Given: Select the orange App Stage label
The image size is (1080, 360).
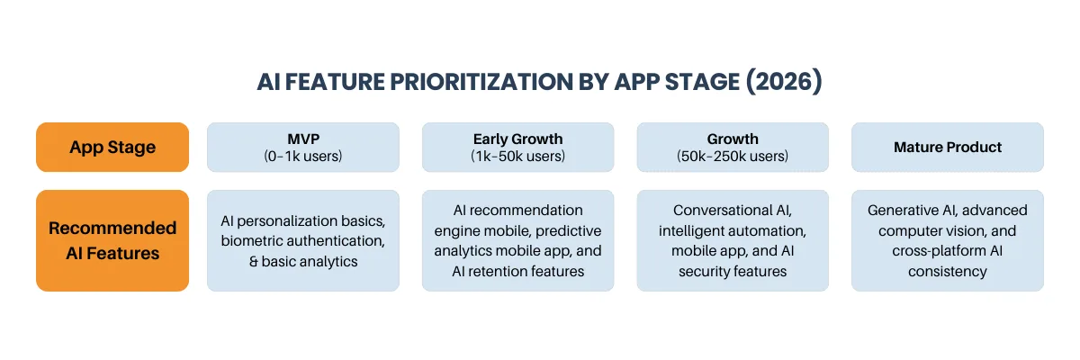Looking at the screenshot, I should pyautogui.click(x=112, y=148).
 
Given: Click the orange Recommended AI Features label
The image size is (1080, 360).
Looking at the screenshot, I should pyautogui.click(x=112, y=240).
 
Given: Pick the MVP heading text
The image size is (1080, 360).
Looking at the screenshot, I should pyautogui.click(x=303, y=139).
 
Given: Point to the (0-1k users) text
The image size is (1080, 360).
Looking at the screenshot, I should pyautogui.click(x=303, y=156).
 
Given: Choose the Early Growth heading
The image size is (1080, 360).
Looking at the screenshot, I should pyautogui.click(x=517, y=139).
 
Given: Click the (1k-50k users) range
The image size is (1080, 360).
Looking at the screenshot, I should pyautogui.click(x=517, y=156).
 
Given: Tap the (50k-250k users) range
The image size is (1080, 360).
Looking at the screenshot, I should pyautogui.click(x=733, y=156).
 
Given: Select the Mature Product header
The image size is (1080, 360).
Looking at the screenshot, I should pyautogui.click(x=948, y=148).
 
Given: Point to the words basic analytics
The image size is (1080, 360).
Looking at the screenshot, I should pyautogui.click(x=310, y=261).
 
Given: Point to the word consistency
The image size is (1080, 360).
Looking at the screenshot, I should pyautogui.click(x=948, y=271).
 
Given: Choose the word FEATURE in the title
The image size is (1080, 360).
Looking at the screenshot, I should pyautogui.click(x=327, y=82).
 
